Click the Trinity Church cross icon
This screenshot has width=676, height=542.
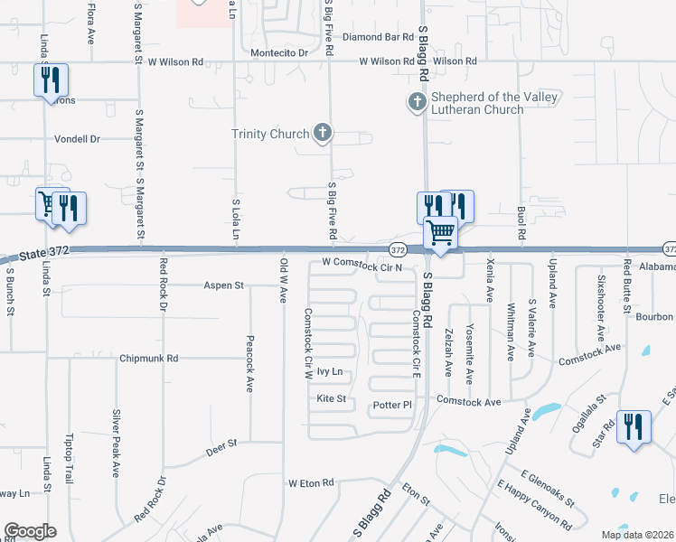pos(322,135)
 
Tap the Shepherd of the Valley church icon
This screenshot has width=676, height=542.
pos(417,101)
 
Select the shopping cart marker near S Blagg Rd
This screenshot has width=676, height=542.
pos(441,233)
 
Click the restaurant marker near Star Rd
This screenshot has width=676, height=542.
pos(633,425)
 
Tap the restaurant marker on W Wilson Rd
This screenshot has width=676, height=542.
pos(51,81)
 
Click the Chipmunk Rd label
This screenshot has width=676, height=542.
pos(149,359)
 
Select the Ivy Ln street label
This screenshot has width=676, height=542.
pos(330,371)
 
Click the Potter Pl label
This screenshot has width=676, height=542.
pos(392,406)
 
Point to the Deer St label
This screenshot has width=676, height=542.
pos(221,444)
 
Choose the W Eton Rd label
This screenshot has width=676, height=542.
pos(311,483)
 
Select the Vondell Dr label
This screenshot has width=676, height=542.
pos(76,139)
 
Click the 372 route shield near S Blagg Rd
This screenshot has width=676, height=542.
pos(398,248)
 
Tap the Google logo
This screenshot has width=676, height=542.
pos(30,530)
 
